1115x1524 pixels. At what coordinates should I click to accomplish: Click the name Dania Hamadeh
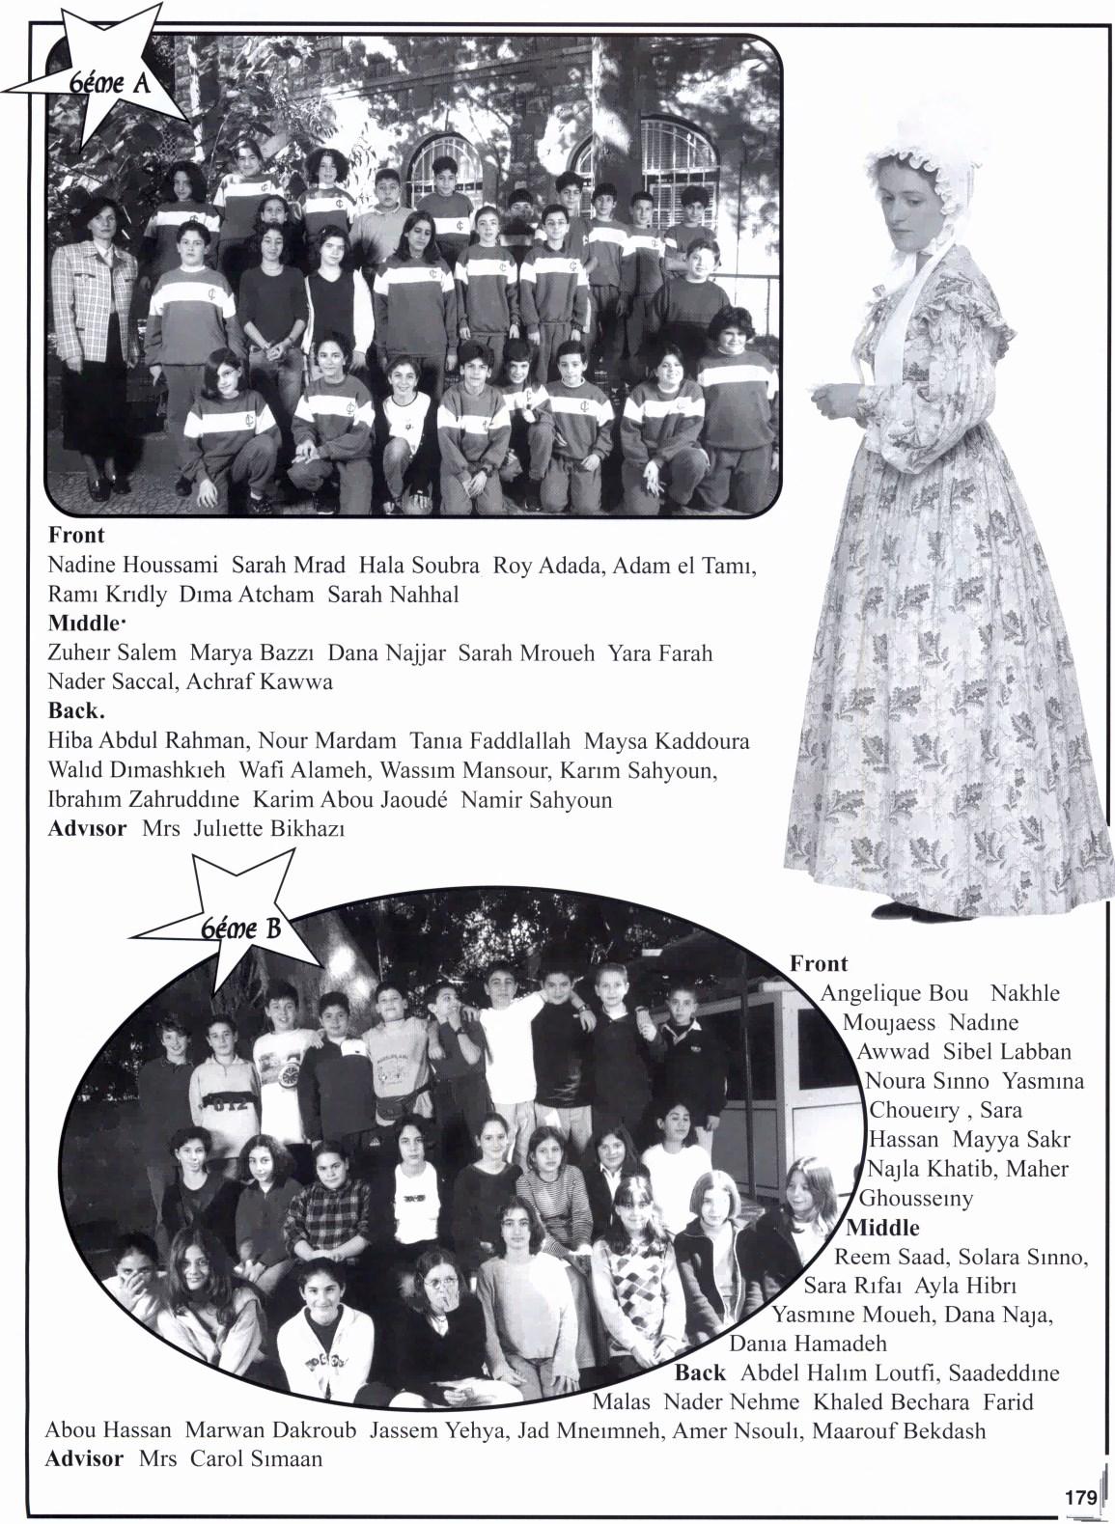pyautogui.click(x=808, y=1344)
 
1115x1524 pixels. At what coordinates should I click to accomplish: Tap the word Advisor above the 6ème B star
pyautogui.click(x=87, y=828)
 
